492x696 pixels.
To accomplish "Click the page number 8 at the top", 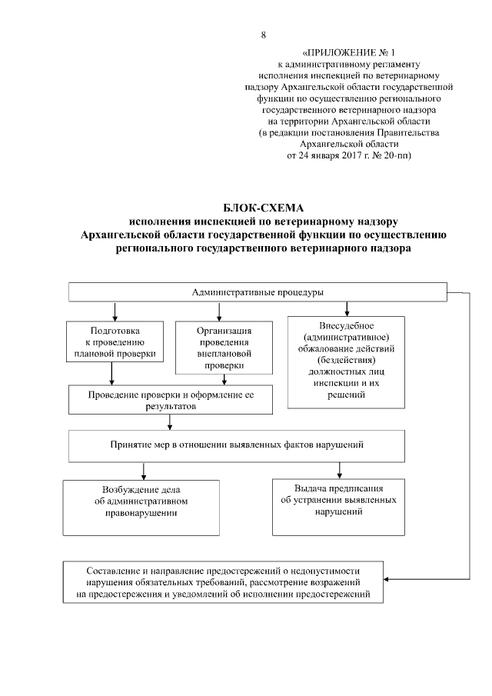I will click(x=263, y=35).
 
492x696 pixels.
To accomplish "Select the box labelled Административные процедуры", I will click(x=258, y=292).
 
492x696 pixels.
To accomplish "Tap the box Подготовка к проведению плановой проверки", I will click(x=114, y=341).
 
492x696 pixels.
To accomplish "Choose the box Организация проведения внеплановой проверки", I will click(x=219, y=348).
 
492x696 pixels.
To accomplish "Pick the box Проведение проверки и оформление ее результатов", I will click(x=171, y=400).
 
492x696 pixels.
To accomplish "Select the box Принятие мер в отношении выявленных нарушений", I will click(x=237, y=445).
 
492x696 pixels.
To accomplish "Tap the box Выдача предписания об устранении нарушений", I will click(x=339, y=506).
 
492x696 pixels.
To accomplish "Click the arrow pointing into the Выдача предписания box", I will click(x=339, y=471).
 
